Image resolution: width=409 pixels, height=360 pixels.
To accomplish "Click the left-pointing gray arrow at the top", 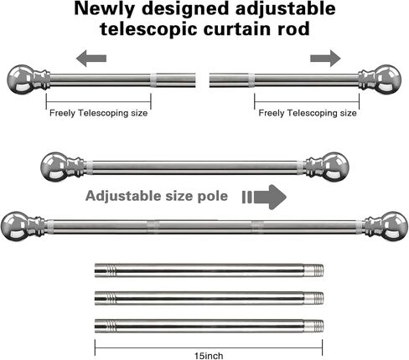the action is pyautogui.click(x=91, y=59).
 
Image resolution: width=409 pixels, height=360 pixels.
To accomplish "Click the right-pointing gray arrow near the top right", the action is pyautogui.click(x=325, y=59).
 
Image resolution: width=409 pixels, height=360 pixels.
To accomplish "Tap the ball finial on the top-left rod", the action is pyautogui.click(x=20, y=80).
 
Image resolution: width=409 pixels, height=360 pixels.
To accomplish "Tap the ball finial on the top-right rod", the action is pyautogui.click(x=387, y=80).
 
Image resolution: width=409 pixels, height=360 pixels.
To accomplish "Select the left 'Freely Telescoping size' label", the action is pyautogui.click(x=98, y=113).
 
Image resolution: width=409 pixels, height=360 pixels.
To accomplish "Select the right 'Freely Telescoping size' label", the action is pyautogui.click(x=308, y=113).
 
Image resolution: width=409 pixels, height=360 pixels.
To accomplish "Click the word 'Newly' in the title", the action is pyautogui.click(x=104, y=8).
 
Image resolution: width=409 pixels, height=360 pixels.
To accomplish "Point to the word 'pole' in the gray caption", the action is pyautogui.click(x=213, y=196).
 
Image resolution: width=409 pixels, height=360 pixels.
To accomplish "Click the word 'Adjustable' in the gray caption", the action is pyautogui.click(x=123, y=196).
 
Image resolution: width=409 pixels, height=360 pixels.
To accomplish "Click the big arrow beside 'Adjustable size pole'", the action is pyautogui.click(x=264, y=197).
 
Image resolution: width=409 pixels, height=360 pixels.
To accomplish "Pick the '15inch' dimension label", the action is pyautogui.click(x=209, y=356).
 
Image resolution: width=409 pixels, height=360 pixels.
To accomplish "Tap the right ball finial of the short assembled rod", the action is pyautogui.click(x=335, y=167).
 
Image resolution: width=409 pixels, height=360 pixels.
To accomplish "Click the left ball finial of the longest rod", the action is pyautogui.click(x=14, y=226).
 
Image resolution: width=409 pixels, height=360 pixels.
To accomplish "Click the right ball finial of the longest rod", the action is pyautogui.click(x=394, y=226).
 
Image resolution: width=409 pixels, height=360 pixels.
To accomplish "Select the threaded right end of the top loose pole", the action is pyautogui.click(x=313, y=270).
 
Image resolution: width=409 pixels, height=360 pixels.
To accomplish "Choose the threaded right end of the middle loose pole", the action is pyautogui.click(x=313, y=298).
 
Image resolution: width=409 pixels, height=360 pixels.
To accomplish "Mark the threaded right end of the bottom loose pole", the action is pyautogui.click(x=313, y=326).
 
